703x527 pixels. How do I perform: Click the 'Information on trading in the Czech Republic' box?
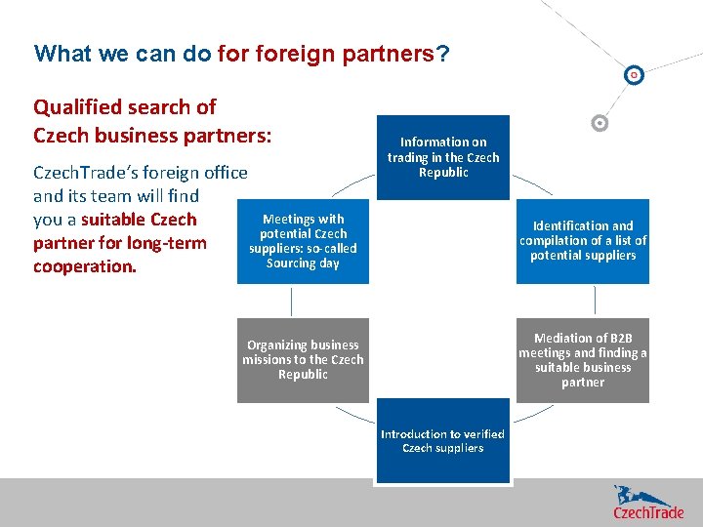443,157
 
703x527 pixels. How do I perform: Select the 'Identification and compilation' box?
583,240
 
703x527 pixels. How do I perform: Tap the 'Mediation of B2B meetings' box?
583,360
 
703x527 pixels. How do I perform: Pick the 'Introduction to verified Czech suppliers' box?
443,441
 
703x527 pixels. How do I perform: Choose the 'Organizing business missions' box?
303,360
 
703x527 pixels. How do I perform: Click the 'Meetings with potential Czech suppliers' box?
303,241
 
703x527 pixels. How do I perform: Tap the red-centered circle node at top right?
634,75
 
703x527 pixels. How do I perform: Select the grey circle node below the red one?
600,123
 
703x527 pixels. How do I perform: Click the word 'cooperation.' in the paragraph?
85,266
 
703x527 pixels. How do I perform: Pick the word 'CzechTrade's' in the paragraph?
86,173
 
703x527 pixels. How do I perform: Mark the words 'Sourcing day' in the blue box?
303,263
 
